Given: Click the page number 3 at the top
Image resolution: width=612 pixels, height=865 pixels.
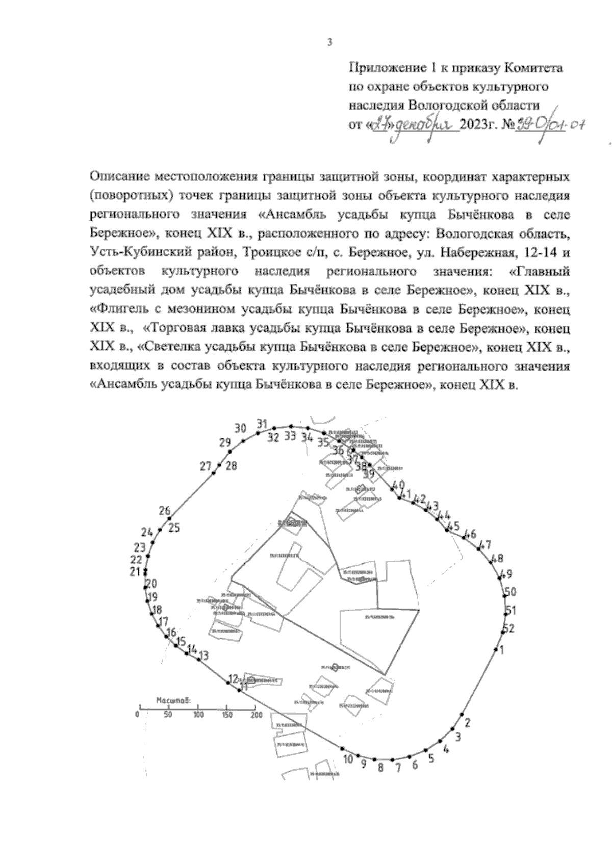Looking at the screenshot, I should tap(329, 43).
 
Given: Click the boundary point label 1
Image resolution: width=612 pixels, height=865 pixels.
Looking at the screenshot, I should tap(501, 649).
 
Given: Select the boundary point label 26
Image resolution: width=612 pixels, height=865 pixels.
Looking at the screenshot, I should tap(164, 511).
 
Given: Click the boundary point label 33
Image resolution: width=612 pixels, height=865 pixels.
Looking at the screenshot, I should tap(290, 436).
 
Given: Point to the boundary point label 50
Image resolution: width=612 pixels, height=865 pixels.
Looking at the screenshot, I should tap(510, 592).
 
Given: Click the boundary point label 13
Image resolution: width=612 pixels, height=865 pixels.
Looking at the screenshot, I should tap(203, 656).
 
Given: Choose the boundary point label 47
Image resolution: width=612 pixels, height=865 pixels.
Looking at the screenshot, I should tap(486, 543).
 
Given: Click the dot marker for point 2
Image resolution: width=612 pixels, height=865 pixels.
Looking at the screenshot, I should tap(462, 714).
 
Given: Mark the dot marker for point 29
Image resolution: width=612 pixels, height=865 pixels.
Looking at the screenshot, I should tap(230, 452).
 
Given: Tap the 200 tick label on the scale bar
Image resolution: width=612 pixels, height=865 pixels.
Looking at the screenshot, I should tap(256, 715).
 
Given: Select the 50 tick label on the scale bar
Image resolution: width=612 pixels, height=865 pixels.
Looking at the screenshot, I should tap(168, 715).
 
